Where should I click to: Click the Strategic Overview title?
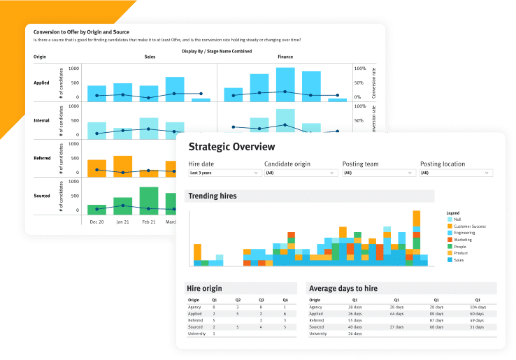231,147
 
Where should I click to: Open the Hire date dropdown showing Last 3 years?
223,172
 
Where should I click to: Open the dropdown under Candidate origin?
301,172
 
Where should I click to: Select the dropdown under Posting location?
457,172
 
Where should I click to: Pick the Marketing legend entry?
463,240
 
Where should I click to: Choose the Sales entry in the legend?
459,260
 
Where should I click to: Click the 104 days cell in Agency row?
478,307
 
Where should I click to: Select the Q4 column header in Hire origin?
285,300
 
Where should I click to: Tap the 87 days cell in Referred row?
437,320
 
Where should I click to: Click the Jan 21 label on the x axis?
122,222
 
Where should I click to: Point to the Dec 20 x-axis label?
97,222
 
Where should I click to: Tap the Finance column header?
285,57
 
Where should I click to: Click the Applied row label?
41,82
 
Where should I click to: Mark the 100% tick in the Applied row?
360,69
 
